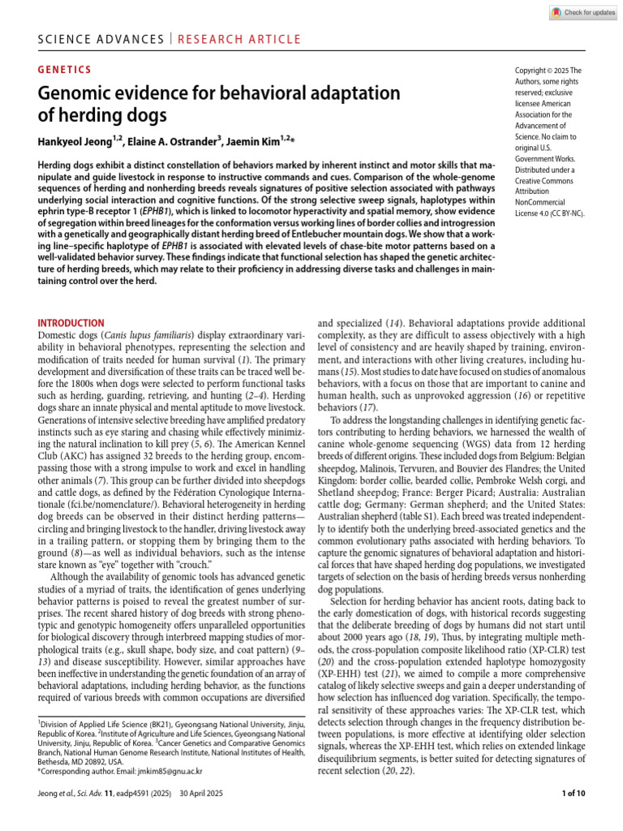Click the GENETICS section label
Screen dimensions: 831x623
(x=65, y=71)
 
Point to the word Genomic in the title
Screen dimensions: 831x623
(x=75, y=93)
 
